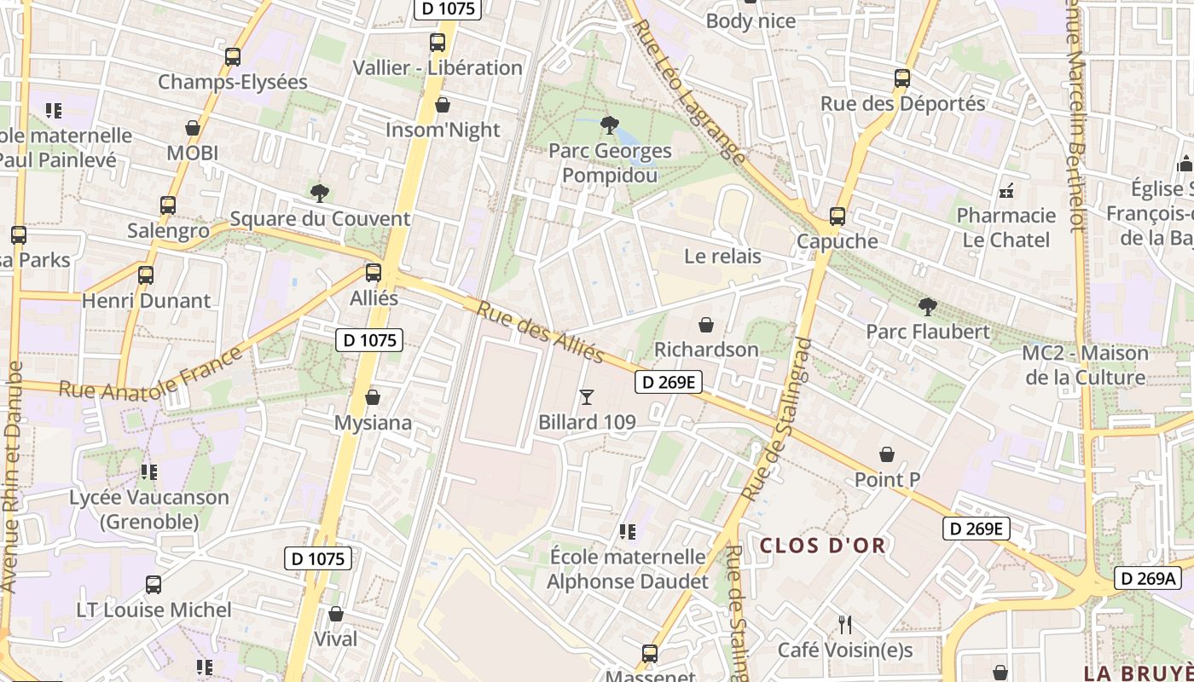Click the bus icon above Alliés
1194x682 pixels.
pos(374,273)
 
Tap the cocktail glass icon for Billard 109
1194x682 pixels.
pos(586,396)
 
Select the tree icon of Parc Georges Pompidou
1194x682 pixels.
pos(609,126)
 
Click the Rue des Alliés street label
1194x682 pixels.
pos(540,332)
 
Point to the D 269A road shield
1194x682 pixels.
pos(1148,579)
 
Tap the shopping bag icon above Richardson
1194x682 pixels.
pos(705,325)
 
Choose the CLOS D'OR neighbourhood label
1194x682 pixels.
pos(822,546)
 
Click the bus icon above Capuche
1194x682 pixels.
pos(838,217)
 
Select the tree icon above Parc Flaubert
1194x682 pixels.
pos(928,307)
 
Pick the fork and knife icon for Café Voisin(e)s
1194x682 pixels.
pos(844,625)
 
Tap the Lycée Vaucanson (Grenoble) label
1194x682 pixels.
pos(149,509)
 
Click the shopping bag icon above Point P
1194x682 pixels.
pos(887,454)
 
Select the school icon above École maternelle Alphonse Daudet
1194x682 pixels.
pos(628,533)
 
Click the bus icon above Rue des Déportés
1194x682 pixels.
pos(902,78)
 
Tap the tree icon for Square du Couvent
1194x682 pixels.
pos(320,194)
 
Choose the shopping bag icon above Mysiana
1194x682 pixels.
pos(373,398)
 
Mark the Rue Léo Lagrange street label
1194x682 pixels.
pos(689,90)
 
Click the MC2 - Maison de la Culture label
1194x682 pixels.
pos(1085,365)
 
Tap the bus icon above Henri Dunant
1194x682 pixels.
pos(146,275)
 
